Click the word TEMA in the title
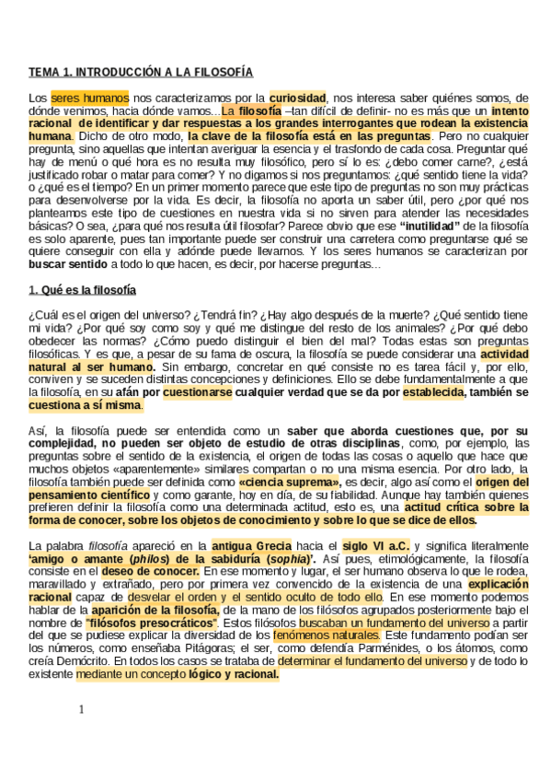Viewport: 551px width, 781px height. (x=42, y=72)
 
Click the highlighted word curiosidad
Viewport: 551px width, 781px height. (x=298, y=97)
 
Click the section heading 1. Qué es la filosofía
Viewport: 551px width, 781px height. (x=82, y=291)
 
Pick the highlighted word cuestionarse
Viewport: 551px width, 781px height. (x=197, y=392)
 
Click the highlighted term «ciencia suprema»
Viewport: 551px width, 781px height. (x=289, y=482)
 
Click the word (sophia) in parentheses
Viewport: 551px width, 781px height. (x=289, y=559)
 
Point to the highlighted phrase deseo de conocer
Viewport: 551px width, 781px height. (x=146, y=572)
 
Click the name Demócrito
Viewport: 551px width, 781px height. (x=58, y=661)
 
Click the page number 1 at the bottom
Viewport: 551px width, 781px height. (x=81, y=709)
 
